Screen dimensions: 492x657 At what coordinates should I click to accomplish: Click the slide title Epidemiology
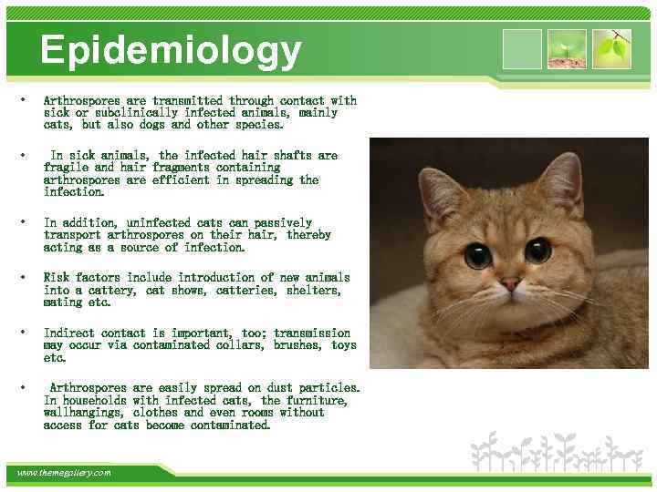(171, 51)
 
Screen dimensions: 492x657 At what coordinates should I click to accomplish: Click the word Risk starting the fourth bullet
(57, 278)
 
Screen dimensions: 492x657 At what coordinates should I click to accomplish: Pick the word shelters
(314, 291)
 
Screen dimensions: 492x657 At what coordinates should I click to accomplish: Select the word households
(98, 401)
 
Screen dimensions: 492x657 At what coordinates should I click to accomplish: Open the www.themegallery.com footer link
(64, 473)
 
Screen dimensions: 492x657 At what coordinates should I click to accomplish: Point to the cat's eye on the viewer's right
(537, 249)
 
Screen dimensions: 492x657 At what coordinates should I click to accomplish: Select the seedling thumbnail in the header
(567, 49)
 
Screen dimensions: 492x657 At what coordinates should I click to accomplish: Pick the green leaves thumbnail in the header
(610, 49)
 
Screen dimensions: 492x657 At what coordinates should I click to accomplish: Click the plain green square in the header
(522, 49)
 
